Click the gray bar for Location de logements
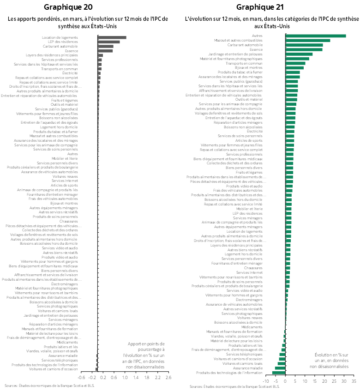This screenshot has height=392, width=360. (x=112, y=37)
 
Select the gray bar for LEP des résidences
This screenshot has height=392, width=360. (x=108, y=42)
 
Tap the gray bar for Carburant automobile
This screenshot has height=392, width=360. (x=105, y=46)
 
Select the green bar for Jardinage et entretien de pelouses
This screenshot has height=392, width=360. (x=299, y=54)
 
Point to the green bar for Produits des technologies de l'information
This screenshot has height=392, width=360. (x=278, y=372)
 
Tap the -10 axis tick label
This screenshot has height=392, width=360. (x=265, y=381)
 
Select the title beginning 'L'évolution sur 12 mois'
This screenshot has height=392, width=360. (x=271, y=23)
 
